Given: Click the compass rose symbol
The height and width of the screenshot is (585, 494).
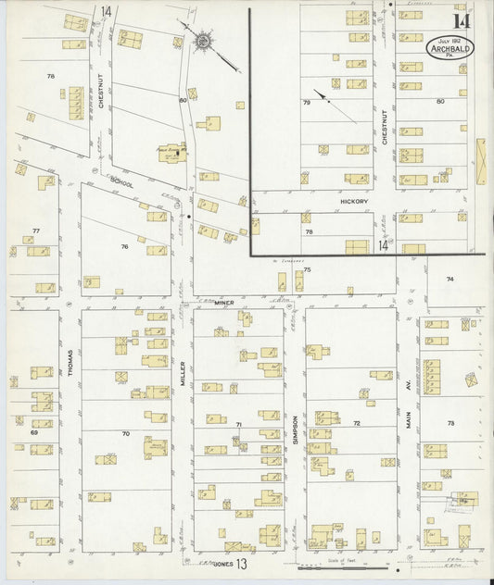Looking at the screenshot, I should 201,40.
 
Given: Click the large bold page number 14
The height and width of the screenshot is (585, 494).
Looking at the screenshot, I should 461,20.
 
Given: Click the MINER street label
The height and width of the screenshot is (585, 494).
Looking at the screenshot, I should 226,303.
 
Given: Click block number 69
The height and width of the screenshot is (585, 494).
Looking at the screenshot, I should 33,432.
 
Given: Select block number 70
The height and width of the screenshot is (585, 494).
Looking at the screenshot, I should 125,432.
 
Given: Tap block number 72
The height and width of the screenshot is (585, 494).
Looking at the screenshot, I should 356,423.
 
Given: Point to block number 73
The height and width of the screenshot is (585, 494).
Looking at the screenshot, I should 451,423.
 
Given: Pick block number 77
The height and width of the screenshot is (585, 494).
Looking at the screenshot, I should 35,230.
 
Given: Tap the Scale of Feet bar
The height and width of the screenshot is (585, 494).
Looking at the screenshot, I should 340,566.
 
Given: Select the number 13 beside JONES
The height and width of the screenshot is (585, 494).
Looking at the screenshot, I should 241,563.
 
